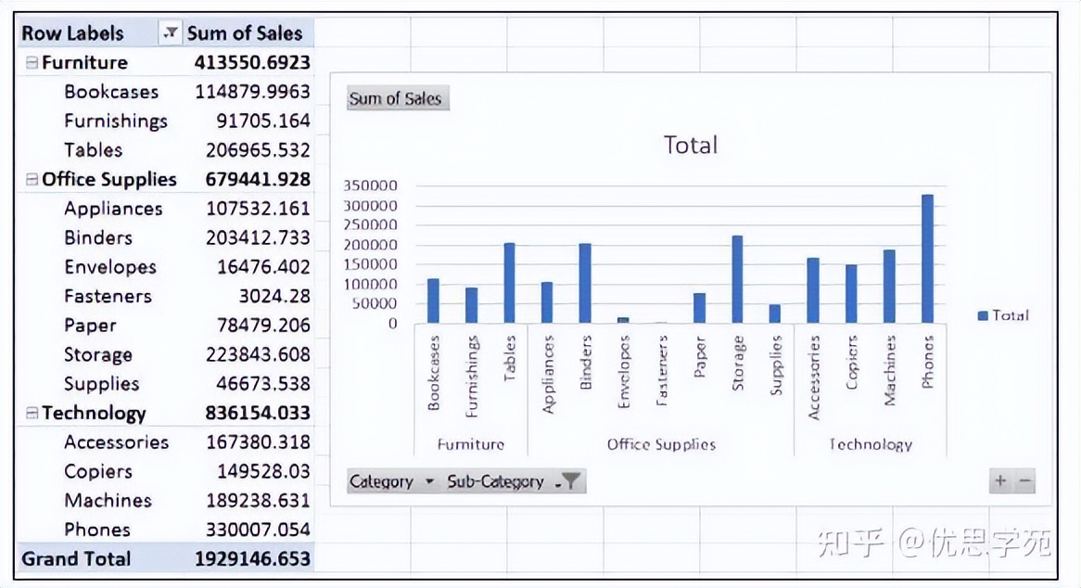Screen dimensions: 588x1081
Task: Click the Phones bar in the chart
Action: (x=927, y=259)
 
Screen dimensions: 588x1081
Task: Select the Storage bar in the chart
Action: (x=737, y=279)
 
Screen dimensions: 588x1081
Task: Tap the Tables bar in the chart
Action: (x=509, y=283)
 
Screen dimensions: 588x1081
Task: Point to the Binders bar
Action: (x=585, y=283)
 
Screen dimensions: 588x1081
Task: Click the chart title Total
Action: (x=691, y=145)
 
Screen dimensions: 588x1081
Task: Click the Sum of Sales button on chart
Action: (x=397, y=98)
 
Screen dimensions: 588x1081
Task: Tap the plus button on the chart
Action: (x=1000, y=481)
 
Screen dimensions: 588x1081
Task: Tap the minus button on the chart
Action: (x=1024, y=481)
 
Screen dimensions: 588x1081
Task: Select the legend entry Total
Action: (x=1004, y=315)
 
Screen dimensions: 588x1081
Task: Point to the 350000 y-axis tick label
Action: (x=371, y=185)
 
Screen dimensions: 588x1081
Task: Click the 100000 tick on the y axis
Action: (x=371, y=284)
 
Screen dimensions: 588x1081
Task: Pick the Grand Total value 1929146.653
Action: (x=252, y=559)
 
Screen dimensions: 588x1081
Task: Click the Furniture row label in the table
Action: (x=84, y=63)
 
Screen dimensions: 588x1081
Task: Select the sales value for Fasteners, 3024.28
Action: (x=273, y=297)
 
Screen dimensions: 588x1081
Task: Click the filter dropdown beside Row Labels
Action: (x=170, y=33)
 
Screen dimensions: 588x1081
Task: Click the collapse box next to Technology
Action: (x=32, y=414)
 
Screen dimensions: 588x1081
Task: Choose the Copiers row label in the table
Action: (x=98, y=471)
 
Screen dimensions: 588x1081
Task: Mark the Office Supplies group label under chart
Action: (x=661, y=444)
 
